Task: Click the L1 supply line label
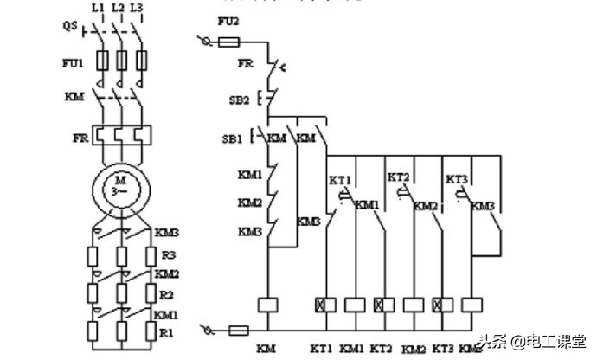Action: point(98,8)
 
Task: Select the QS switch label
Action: point(69,26)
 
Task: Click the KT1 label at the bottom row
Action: point(321,349)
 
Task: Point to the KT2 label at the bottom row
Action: point(382,349)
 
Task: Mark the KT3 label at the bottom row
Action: point(442,349)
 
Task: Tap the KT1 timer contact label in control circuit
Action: point(339,180)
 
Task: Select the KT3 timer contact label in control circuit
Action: point(457,179)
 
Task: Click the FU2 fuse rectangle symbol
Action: point(231,42)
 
